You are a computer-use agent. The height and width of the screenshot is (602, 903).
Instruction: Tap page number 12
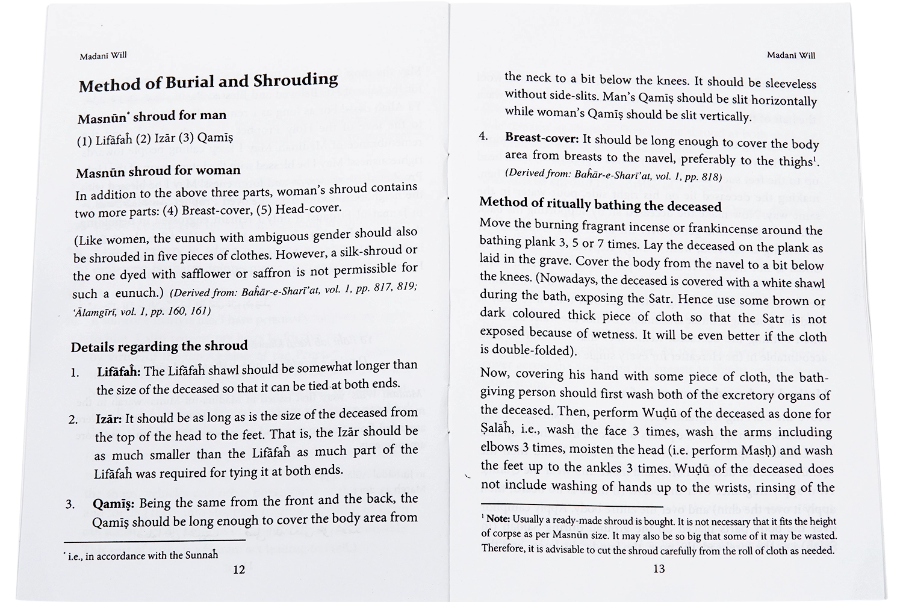[239, 570]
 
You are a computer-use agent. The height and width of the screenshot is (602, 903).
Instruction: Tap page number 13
[659, 568]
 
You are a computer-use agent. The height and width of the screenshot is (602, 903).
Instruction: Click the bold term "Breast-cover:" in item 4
[542, 138]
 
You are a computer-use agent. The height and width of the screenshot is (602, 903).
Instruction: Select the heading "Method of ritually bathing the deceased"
[600, 205]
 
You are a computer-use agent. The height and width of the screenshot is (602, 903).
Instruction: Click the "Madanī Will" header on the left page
[103, 56]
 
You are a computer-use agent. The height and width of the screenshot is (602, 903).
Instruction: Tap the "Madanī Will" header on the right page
[791, 55]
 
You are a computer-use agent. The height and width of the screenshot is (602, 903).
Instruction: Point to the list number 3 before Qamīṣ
[70, 504]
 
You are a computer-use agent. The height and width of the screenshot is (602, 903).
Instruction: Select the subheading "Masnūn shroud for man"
[152, 116]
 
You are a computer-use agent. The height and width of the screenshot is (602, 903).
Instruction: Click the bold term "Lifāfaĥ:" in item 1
[119, 371]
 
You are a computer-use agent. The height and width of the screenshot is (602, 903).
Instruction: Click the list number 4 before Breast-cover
[483, 136]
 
